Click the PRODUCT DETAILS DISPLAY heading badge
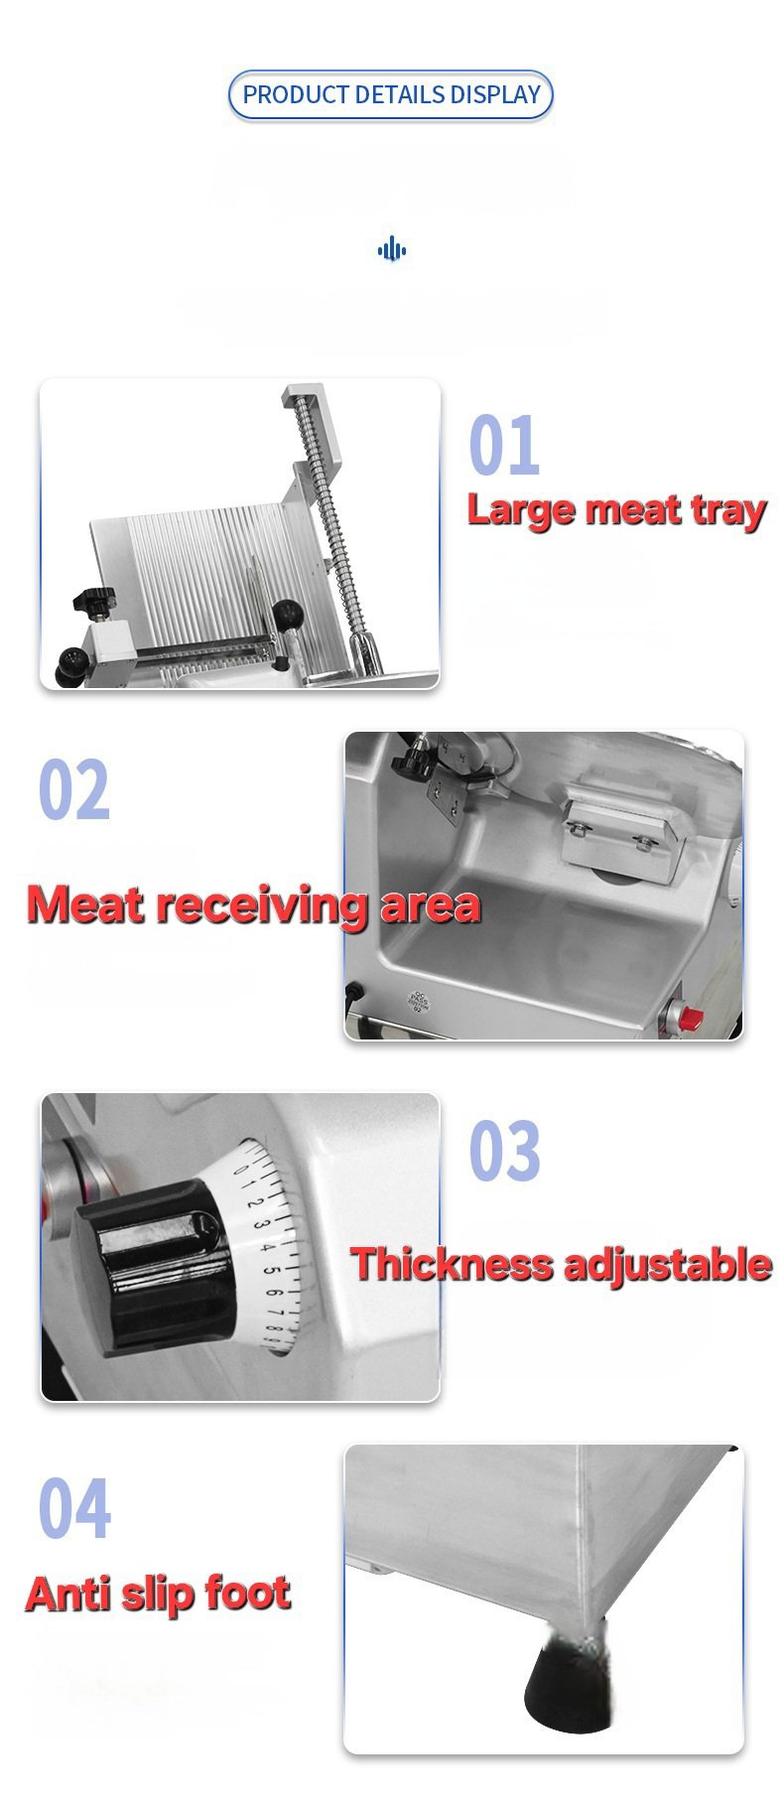[391, 95]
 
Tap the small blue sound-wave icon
[392, 249]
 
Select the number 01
[504, 447]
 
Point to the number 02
[73, 790]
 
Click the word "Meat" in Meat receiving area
[85, 904]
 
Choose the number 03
[504, 1151]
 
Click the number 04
[74, 1508]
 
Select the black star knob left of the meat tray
[92, 602]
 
